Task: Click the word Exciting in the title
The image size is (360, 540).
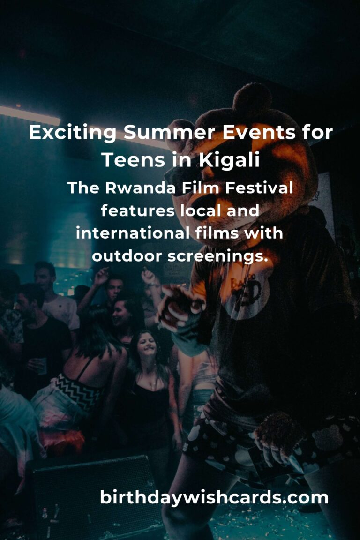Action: [72, 133]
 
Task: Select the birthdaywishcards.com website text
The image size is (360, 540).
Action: [214, 497]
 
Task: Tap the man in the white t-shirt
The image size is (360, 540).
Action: [54, 300]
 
